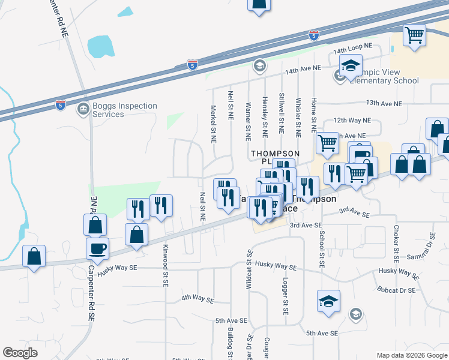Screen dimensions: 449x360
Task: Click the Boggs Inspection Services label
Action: pos(125,110)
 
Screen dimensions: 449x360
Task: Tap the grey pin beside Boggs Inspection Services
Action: pos(83,109)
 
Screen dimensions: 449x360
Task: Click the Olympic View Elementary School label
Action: pos(384,76)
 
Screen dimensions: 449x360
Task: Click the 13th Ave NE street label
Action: pos(384,103)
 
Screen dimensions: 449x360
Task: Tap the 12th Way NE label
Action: pos(352,120)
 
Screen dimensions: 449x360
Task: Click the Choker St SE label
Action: pos(396,245)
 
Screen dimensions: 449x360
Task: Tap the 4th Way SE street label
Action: pos(198,298)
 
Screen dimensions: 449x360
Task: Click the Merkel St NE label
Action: pos(212,125)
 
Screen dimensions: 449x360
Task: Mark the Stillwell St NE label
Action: pos(282,112)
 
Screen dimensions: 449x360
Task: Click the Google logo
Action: pos(20,353)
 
